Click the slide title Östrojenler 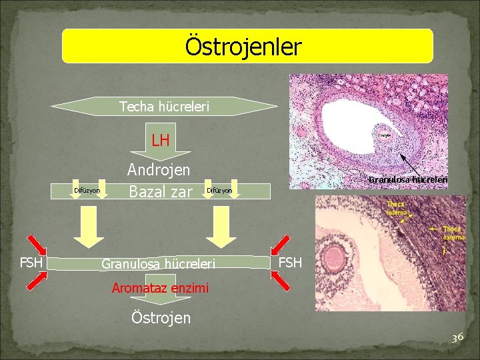[243, 47]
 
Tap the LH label [160, 141]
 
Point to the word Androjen [159, 170]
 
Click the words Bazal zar [160, 192]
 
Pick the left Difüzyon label [87, 191]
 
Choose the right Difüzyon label [219, 191]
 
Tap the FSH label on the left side [31, 263]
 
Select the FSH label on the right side [290, 263]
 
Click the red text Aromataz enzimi [160, 289]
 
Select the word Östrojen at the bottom [160, 317]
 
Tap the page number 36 [457, 338]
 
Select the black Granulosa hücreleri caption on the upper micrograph [408, 179]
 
